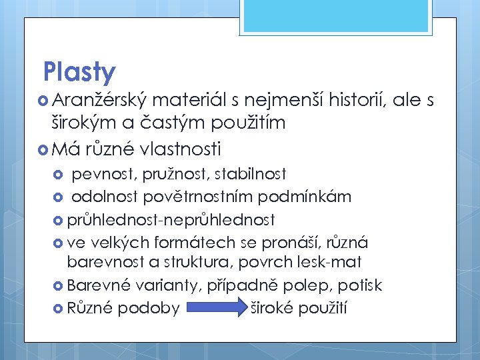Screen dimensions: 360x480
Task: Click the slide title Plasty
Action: (79, 72)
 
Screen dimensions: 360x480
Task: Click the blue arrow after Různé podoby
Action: (217, 308)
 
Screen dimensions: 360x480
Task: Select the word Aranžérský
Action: (99, 100)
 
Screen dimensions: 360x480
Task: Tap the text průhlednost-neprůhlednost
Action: (171, 219)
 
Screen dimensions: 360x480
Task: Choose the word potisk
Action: (360, 285)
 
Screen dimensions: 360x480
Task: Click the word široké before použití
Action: (272, 308)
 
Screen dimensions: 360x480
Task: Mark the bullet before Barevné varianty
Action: (58, 286)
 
